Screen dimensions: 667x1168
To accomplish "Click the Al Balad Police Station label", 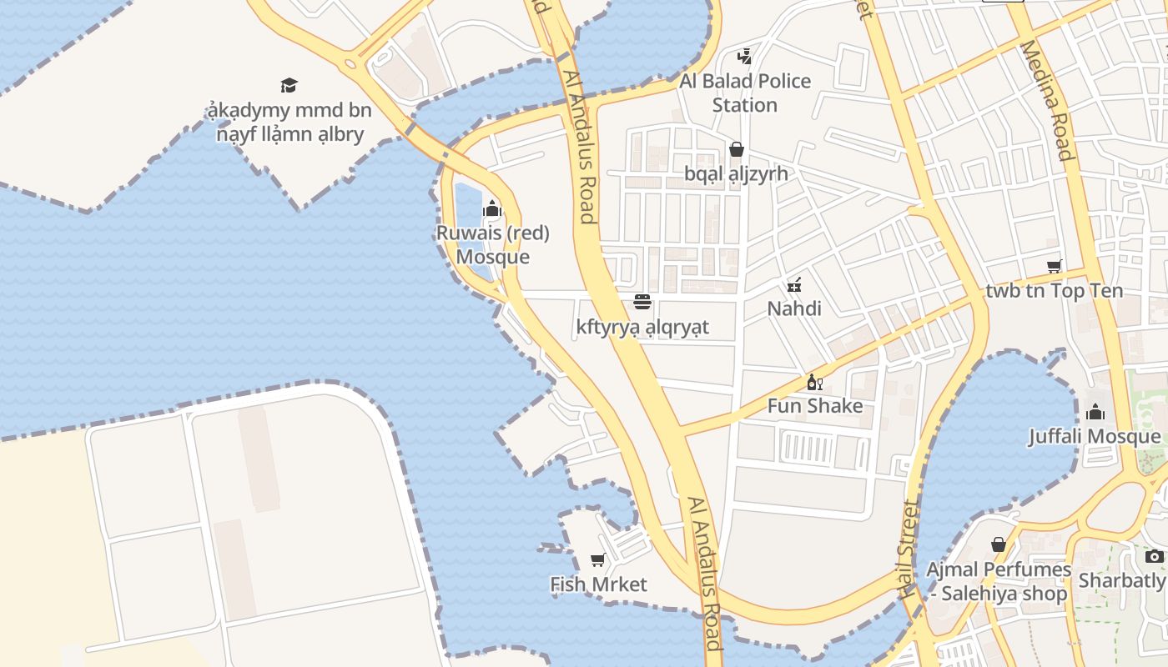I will (745, 93).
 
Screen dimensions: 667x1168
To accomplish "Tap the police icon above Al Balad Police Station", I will (744, 57).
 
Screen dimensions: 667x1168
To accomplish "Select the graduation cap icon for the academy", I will (289, 85).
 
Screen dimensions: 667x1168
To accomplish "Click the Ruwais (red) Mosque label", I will (492, 244).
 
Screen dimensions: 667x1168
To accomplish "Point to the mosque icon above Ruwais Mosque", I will (492, 208).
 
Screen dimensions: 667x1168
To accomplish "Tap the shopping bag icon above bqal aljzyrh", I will (737, 149).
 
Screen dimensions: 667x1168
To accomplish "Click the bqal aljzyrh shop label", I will (736, 174).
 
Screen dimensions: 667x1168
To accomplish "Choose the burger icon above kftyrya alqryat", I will (642, 302).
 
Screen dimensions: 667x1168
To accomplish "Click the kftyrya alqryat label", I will (642, 327).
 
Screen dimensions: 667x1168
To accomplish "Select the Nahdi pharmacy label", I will (794, 308).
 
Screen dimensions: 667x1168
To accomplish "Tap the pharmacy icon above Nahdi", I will (794, 285).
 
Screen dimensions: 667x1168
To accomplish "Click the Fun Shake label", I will (815, 406).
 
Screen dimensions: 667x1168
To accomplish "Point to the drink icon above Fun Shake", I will (815, 383).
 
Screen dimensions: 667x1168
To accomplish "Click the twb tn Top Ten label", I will (1054, 291).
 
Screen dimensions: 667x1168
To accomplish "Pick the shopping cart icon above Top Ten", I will (1054, 267).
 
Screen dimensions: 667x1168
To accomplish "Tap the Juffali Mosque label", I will (1095, 436).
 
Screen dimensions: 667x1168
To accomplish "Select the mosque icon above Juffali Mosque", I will (1095, 412).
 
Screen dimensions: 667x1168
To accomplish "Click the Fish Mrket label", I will (598, 584).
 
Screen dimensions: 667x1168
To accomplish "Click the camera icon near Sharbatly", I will (1154, 556).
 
